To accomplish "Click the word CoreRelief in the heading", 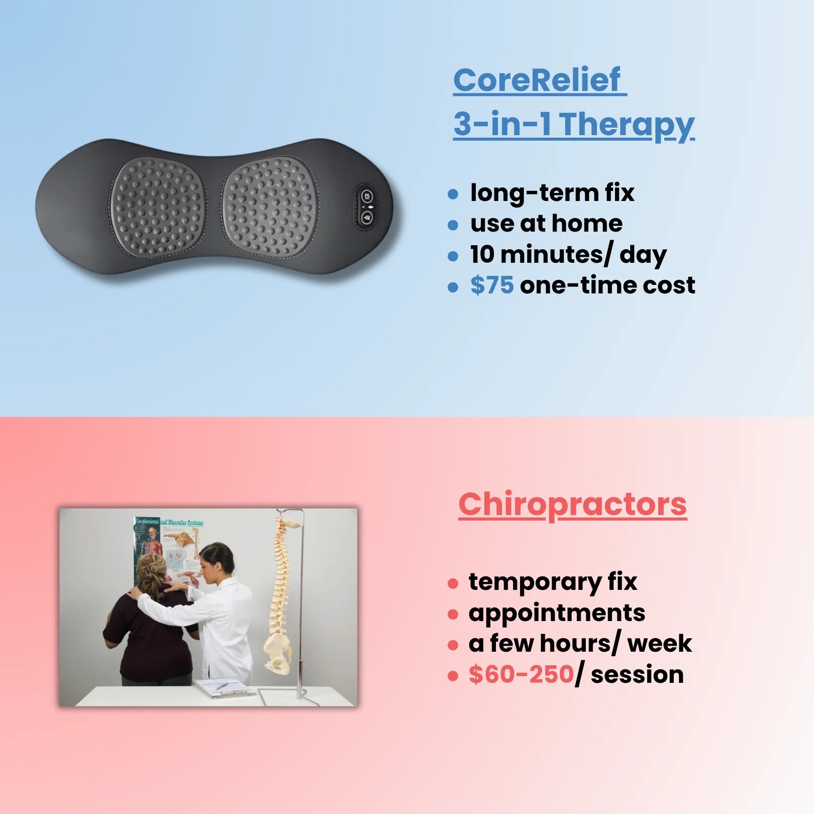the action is [x=537, y=80].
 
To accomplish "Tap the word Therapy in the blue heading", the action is [x=627, y=125].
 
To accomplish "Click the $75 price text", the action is [x=492, y=285].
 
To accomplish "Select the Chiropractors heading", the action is [x=572, y=504].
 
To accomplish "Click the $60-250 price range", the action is [x=521, y=674].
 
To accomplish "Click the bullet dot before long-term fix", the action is [x=453, y=194].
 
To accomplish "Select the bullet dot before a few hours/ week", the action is [x=453, y=645].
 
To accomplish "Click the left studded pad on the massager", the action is [x=157, y=207].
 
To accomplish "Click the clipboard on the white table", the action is [x=224, y=688].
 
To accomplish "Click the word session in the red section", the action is [x=637, y=675].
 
